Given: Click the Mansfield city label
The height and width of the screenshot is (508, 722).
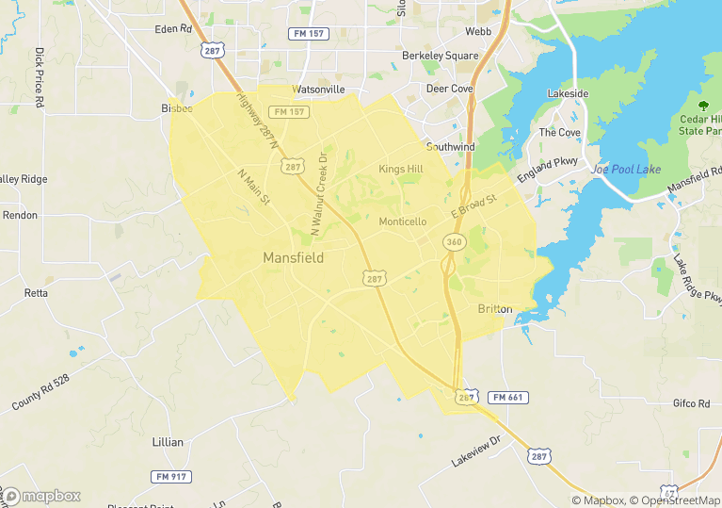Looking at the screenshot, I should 293,257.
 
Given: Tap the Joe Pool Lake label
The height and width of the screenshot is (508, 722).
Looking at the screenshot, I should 626,170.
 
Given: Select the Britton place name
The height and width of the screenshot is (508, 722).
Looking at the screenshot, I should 495,309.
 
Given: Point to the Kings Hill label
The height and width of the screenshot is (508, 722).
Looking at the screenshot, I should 401,169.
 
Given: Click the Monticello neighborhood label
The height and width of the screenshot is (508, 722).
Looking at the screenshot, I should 402,221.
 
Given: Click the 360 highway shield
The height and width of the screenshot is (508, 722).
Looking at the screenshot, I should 455,242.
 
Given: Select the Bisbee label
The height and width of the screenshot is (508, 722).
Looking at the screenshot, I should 176,108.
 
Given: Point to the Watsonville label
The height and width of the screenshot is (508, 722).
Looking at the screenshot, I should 319,90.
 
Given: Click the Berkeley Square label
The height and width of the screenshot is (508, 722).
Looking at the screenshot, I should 440,56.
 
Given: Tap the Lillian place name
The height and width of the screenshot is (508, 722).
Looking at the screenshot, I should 168,441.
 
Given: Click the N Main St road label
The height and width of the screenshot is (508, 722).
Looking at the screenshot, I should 254,186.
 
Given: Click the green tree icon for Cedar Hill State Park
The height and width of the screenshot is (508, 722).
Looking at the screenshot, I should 703,105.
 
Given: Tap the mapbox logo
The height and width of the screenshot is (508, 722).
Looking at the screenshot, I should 41,496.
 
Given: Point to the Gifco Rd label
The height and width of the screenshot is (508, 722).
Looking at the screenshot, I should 691,403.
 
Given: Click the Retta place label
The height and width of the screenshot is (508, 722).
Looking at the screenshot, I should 36,293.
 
